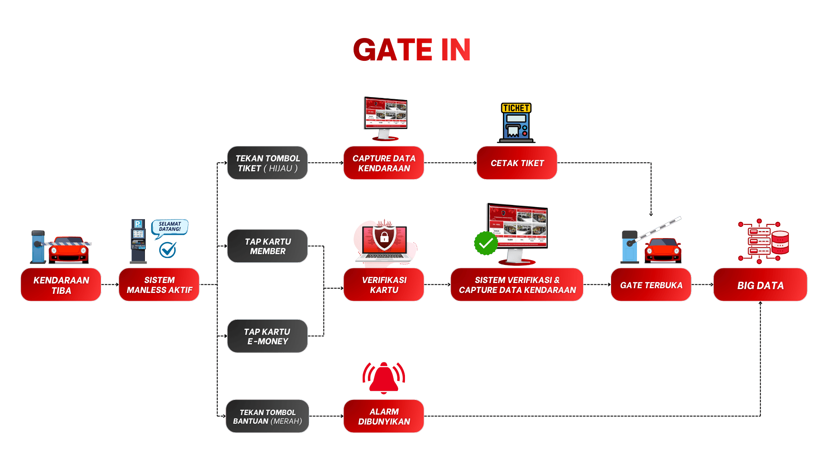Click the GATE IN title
[412, 50]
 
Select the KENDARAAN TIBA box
[61, 285]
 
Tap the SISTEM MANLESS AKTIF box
[159, 285]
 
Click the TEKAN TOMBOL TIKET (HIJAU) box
[267, 163]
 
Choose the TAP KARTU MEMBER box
[267, 246]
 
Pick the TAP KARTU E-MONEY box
[267, 336]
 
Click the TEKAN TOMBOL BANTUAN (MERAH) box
[267, 416]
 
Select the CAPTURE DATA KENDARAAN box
[384, 163]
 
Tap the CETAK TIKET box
[517, 163]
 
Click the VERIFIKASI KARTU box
[384, 285]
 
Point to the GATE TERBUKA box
[651, 285]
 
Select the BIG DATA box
[760, 285]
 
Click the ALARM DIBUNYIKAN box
[384, 416]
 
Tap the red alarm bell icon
[384, 378]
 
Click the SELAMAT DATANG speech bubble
[170, 227]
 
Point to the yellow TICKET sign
[516, 108]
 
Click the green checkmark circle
[486, 243]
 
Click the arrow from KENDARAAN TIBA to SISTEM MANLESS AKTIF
[110, 285]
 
